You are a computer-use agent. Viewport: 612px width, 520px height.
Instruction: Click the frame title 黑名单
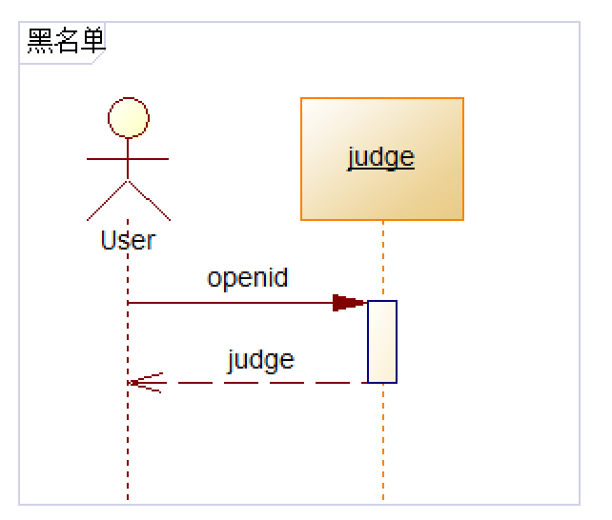click(x=66, y=41)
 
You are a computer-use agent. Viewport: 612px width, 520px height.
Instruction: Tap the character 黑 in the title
click(x=39, y=41)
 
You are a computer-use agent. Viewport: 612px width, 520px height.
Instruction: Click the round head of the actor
click(x=129, y=117)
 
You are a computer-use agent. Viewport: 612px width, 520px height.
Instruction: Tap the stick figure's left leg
click(x=107, y=199)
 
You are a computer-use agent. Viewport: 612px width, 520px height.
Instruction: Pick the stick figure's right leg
click(x=150, y=199)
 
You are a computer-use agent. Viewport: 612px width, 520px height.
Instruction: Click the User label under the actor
click(x=128, y=239)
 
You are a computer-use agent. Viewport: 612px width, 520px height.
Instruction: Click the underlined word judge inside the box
click(x=381, y=156)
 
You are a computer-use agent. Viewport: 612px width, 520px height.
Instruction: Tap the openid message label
click(x=248, y=278)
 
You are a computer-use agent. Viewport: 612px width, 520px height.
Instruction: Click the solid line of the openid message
click(x=229, y=303)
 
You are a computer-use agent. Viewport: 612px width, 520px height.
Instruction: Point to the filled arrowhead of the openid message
click(x=348, y=303)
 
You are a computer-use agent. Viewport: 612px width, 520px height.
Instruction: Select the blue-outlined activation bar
click(x=382, y=341)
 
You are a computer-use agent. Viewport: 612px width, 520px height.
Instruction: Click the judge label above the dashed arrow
click(x=260, y=360)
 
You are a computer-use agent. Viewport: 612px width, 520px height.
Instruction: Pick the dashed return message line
click(x=267, y=383)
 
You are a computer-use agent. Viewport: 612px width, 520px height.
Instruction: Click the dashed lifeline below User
click(x=128, y=448)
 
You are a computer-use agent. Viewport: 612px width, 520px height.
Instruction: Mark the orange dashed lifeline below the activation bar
click(x=383, y=443)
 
